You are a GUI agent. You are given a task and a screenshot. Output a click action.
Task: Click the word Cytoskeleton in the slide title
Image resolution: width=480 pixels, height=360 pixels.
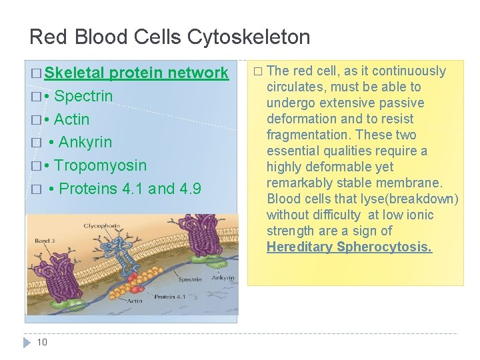point(253,37)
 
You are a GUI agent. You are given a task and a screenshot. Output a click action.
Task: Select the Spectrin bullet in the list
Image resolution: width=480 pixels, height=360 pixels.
point(83,96)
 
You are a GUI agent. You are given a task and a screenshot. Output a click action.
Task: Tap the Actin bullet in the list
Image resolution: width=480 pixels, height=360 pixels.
point(71,119)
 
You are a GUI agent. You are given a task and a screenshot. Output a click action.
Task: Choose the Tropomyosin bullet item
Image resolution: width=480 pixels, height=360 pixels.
point(100,165)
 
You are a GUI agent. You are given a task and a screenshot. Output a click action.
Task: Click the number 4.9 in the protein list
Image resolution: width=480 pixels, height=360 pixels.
point(191,189)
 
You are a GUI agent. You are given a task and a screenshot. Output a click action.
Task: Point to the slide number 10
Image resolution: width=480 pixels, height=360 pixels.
point(42,342)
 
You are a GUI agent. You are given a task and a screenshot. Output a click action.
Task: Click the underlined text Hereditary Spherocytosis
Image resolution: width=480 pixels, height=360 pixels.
point(349,247)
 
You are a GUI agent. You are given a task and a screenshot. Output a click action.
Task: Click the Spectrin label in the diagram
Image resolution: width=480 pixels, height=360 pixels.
point(189,279)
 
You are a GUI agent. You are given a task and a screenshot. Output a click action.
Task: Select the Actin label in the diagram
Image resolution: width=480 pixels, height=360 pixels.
point(135,301)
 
